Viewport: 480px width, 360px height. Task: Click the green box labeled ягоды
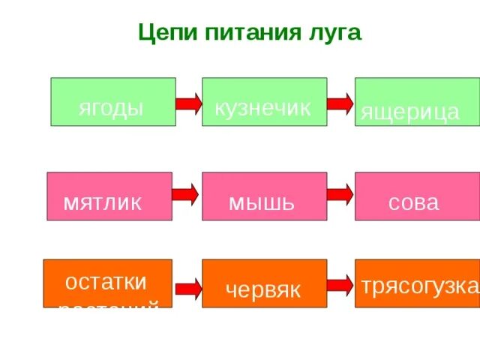112,102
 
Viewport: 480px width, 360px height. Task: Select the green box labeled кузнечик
264,102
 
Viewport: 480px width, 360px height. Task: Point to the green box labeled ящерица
416,102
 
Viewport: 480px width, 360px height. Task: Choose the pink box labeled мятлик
109,196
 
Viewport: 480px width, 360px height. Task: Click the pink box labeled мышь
264,196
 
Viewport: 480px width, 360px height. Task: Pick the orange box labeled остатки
107,283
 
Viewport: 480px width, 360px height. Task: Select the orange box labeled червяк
264,283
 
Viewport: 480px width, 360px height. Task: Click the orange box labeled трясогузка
417,283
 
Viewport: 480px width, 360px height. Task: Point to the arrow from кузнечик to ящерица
340,103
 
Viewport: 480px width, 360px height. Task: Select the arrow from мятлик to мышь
186,195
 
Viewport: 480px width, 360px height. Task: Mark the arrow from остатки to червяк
187,287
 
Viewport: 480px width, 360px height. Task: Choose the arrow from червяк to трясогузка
340,284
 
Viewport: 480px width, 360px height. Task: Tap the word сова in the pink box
413,202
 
